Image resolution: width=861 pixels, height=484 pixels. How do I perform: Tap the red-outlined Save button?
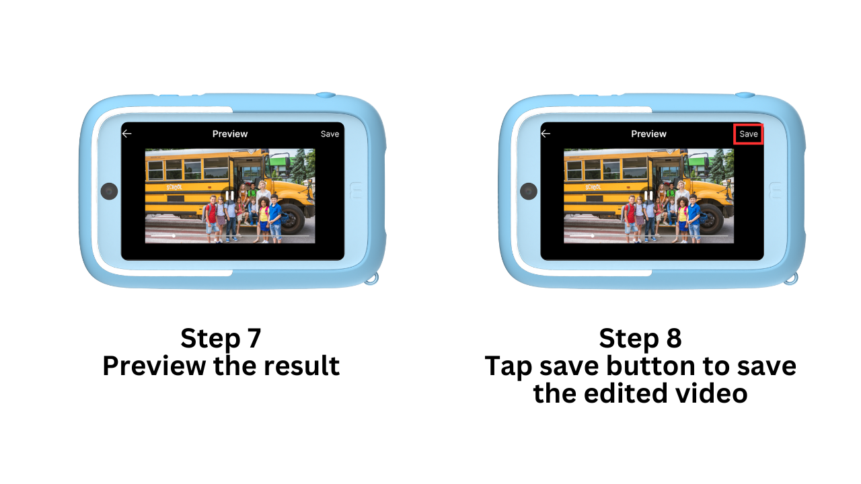pos(748,134)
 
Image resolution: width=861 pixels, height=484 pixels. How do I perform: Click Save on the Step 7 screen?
pos(330,134)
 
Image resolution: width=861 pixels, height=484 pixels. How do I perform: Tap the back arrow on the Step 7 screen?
pos(127,134)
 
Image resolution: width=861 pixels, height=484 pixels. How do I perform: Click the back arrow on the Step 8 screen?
pos(546,134)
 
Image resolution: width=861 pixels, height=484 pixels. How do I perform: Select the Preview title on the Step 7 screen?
pos(230,134)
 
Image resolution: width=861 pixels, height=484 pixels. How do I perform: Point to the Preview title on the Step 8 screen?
pos(648,134)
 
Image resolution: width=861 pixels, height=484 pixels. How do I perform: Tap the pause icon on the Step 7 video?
pos(229,196)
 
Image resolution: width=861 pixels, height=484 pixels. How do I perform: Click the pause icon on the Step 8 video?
pos(648,196)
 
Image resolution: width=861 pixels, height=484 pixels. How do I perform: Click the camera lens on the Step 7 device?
pos(109,191)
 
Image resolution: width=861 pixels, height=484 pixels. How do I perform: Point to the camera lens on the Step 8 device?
pos(529,191)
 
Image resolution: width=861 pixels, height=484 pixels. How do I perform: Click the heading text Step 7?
pos(221,338)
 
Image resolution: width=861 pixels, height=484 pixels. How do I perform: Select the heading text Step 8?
pos(640,338)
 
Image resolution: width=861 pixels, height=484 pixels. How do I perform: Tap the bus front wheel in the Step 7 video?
pos(291,219)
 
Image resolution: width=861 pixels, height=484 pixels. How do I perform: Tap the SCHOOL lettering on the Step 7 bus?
pos(174,187)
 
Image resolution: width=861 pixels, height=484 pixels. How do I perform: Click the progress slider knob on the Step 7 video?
pos(174,236)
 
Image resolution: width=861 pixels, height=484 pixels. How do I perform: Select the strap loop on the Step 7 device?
pos(372,278)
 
